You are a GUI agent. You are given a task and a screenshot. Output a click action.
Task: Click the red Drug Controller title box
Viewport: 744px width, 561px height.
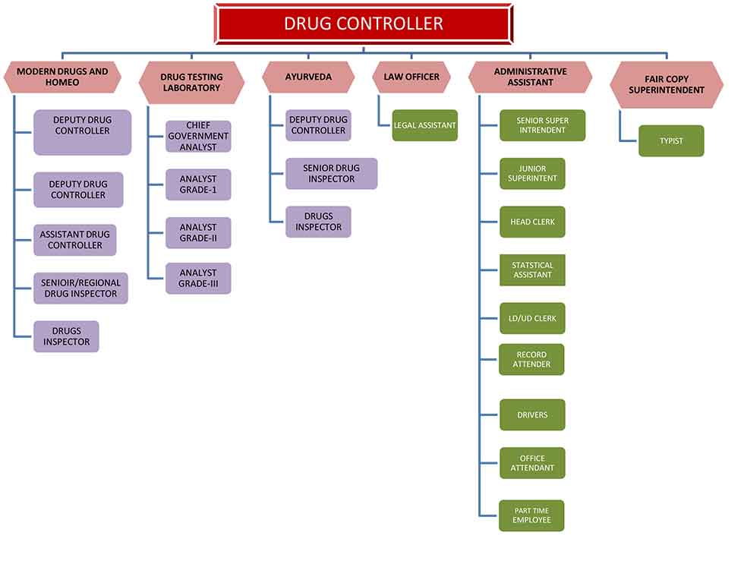364,24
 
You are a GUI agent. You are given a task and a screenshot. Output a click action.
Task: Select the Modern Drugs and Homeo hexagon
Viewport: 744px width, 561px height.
62,77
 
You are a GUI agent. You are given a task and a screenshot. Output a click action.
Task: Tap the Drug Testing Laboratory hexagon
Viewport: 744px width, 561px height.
191,83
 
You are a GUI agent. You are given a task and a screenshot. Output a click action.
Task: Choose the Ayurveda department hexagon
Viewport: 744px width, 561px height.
308,77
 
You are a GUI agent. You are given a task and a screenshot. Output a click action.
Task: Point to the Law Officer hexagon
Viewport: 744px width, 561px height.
411,77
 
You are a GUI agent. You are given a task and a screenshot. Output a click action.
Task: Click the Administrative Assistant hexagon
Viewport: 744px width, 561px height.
530,77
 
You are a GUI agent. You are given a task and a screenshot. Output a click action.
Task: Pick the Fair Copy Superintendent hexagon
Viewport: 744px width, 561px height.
667,84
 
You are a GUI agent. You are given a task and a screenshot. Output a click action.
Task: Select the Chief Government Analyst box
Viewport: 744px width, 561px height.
198,136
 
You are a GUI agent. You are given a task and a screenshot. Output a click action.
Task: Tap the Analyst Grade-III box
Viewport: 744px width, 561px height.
198,278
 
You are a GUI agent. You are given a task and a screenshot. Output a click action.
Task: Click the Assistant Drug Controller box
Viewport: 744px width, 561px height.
75,240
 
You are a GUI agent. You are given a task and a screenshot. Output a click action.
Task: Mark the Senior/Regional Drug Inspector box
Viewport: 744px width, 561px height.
80,288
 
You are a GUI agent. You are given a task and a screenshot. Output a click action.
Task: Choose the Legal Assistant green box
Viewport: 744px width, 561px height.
424,125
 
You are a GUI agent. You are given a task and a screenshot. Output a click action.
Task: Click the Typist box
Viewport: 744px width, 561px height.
671,141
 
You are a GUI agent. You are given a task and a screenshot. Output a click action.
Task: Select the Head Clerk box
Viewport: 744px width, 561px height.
532,222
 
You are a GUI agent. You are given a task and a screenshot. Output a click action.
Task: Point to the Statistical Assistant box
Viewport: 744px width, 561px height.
532,270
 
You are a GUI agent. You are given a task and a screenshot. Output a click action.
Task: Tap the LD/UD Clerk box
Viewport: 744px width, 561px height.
532,318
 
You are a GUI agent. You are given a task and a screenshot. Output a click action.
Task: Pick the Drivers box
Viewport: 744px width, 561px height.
532,414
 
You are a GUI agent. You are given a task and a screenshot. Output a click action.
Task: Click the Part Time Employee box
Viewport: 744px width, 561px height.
531,515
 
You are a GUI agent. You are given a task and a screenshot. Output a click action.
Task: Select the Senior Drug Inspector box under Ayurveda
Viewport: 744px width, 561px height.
332,174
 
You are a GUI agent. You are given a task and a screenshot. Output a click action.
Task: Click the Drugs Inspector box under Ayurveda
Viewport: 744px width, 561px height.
318,222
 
